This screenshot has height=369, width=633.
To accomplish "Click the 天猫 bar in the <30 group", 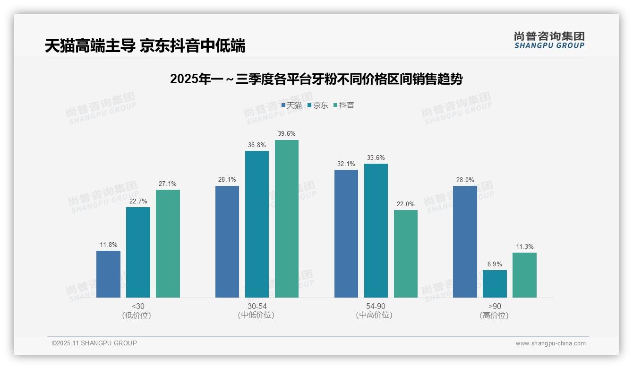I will pos(108,274).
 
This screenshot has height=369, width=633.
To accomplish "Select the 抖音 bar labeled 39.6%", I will pos(287,219).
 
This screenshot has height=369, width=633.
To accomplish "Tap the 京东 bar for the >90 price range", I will pos(495,284).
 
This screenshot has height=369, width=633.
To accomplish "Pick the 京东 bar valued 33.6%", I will pos(376,230).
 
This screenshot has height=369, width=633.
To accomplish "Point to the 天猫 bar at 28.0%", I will pos(465,242).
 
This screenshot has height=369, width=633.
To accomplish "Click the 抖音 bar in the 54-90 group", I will pos(406,254).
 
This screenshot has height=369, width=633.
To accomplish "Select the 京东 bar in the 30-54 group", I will pos(257,224).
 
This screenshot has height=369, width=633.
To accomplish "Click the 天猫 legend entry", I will pos(291,105).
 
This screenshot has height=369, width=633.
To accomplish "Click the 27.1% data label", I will pos(168,184).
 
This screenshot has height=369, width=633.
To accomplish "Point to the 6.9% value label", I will pos(495,264).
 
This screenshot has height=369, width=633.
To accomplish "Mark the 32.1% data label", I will pos(346,164).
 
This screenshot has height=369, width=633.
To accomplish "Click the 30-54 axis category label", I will pos(257,307).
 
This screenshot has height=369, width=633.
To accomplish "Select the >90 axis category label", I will pos(495,307).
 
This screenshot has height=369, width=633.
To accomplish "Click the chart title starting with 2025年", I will pos(316,79).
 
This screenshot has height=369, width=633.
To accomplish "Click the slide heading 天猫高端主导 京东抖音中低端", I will pos(145,46).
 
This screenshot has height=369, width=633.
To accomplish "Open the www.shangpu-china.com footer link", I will pos(550,343).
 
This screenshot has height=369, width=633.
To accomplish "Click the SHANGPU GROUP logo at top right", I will pos(549,40).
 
